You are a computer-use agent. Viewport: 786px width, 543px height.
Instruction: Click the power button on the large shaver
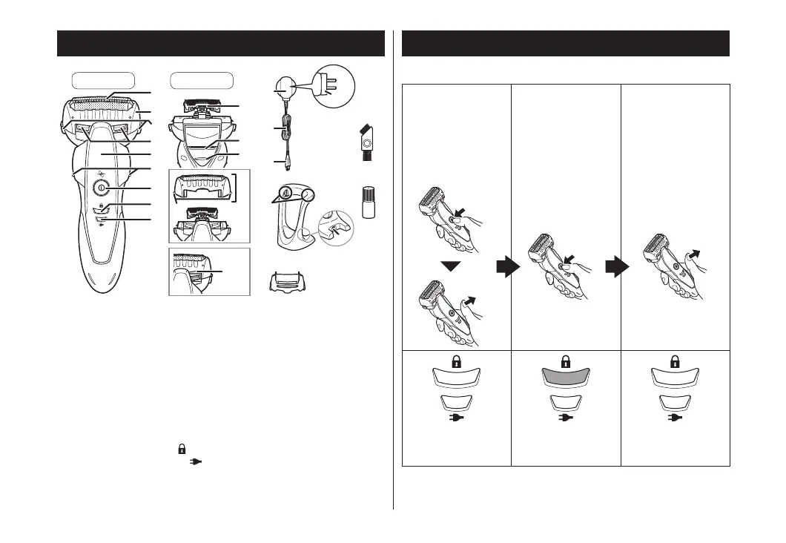coord(99,188)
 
